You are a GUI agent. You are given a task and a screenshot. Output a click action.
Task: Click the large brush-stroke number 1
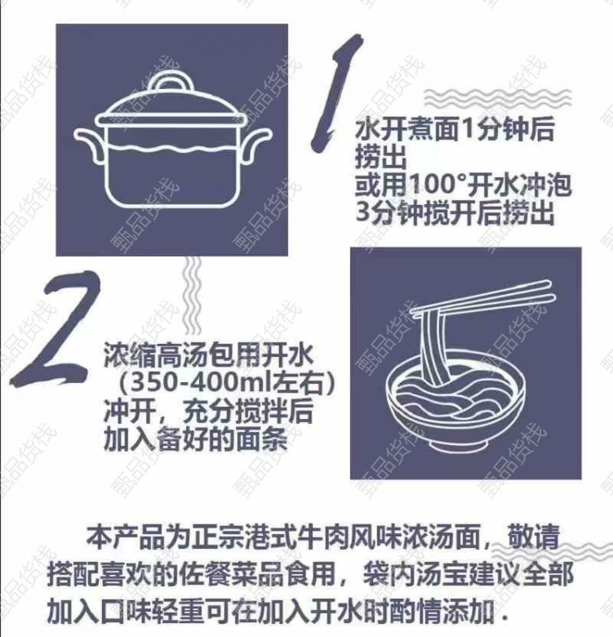tap(336, 93)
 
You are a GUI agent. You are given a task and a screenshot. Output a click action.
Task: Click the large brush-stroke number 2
tap(58, 328)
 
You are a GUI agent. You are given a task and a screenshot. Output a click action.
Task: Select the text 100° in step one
tap(438, 185)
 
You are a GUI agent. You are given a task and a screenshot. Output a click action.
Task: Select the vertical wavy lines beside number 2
tap(193, 296)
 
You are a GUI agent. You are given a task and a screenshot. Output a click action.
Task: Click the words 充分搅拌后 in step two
tap(248, 411)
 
